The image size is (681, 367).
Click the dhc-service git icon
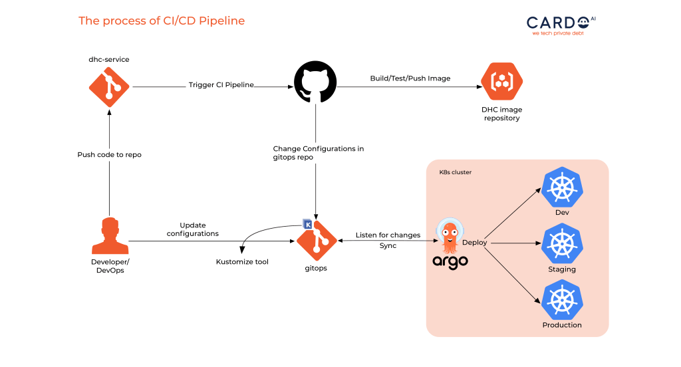tap(109, 87)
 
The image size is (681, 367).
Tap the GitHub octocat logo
tap(315, 82)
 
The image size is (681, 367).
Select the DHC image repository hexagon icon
tap(501, 81)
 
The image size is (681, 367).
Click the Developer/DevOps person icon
tap(110, 235)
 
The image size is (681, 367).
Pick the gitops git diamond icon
tap(317, 241)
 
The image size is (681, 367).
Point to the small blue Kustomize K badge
tap(307, 224)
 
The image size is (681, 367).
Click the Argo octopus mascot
tap(450, 236)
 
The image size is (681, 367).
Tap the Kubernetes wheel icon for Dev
tap(562, 187)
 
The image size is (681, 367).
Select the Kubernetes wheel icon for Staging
tap(562, 243)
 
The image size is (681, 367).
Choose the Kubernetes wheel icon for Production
tap(562, 300)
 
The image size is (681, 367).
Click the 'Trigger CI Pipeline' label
tap(221, 84)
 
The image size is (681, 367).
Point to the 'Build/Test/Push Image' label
tap(410, 78)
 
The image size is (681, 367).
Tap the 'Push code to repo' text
tap(110, 155)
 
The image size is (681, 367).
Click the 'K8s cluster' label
tap(455, 172)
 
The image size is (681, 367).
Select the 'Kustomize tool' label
tap(242, 261)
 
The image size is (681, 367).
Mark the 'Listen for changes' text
tap(388, 235)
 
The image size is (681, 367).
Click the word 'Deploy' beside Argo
tap(474, 243)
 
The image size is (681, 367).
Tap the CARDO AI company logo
tap(561, 26)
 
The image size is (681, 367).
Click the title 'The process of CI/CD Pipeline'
tap(162, 21)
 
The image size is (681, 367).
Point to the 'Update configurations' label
tap(193, 229)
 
